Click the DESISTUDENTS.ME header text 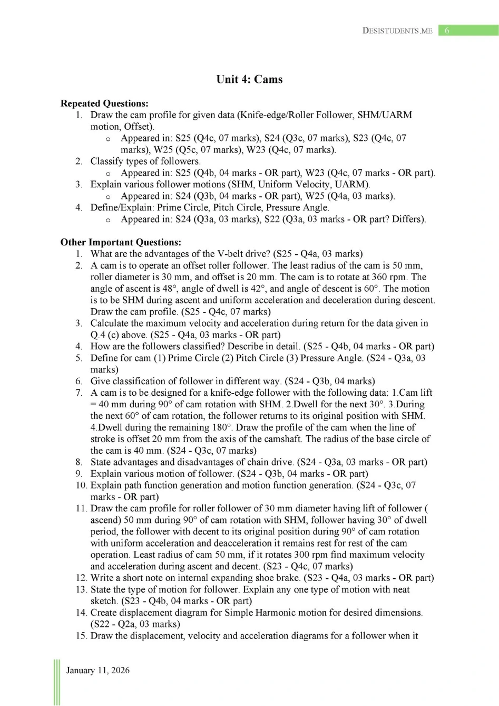(x=397, y=31)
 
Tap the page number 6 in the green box (x=447, y=31)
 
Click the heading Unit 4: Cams (x=249, y=79)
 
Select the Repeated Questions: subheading (x=104, y=103)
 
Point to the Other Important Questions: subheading (x=121, y=242)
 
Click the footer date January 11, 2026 (x=98, y=670)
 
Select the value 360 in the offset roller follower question (x=378, y=277)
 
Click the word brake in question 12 (x=287, y=578)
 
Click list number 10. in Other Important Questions (x=81, y=485)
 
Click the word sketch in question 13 (x=104, y=601)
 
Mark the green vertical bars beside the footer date (x=57, y=682)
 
